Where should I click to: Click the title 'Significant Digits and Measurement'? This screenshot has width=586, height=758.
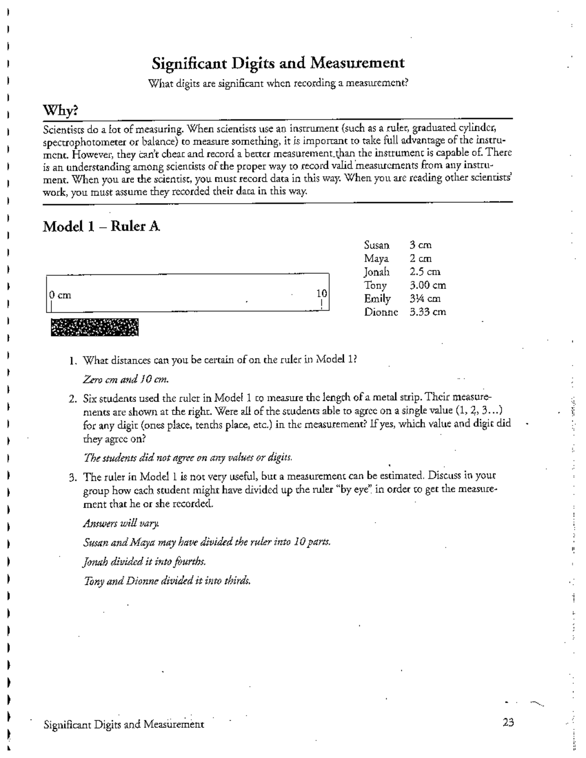pyautogui.click(x=278, y=63)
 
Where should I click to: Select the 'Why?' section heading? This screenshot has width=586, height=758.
pyautogui.click(x=60, y=111)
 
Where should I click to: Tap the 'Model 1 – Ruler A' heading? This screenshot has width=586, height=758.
pyautogui.click(x=101, y=226)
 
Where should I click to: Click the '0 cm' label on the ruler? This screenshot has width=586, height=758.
pyautogui.click(x=60, y=295)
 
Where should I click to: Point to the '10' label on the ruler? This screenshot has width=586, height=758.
pyautogui.click(x=321, y=293)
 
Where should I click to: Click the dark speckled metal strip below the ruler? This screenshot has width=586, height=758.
pyautogui.click(x=94, y=328)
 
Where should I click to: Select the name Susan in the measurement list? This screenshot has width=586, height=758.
pyautogui.click(x=377, y=246)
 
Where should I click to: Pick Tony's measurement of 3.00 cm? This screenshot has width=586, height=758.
pyautogui.click(x=427, y=286)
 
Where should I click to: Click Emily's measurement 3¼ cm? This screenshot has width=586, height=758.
pyautogui.click(x=425, y=299)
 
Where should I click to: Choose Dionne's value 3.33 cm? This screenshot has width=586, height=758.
pyautogui.click(x=427, y=312)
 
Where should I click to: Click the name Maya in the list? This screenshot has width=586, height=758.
pyautogui.click(x=376, y=259)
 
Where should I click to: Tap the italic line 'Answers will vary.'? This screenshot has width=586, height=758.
pyautogui.click(x=121, y=524)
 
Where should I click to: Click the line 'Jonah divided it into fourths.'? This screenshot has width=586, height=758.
pyautogui.click(x=145, y=562)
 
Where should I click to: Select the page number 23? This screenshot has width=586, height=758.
pyautogui.click(x=508, y=723)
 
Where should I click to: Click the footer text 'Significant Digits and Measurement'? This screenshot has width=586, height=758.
pyautogui.click(x=124, y=724)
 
